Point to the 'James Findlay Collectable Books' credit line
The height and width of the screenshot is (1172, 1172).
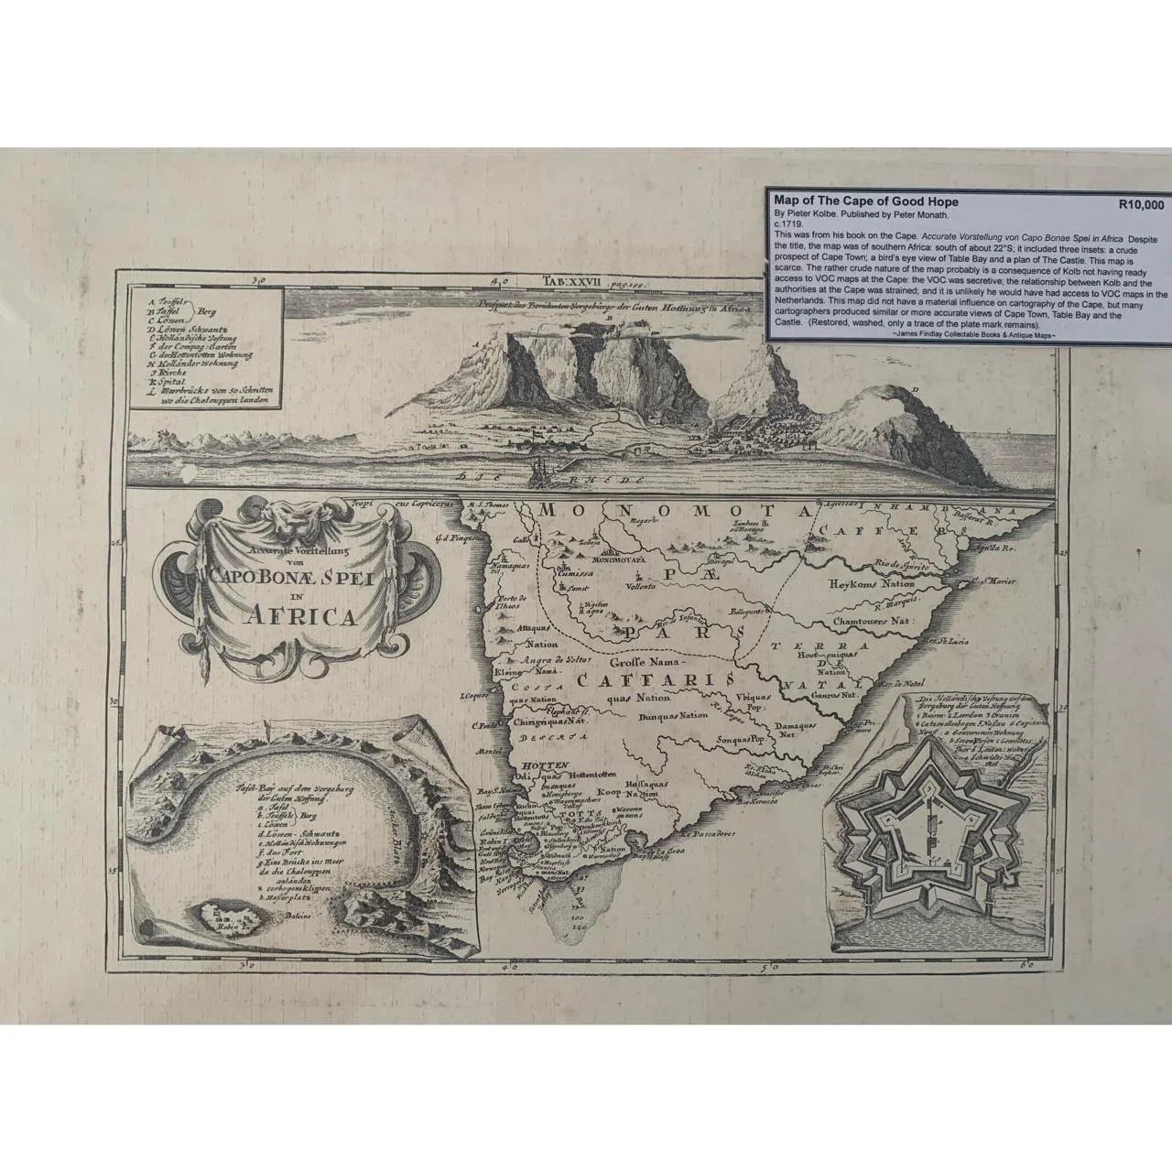971,336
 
